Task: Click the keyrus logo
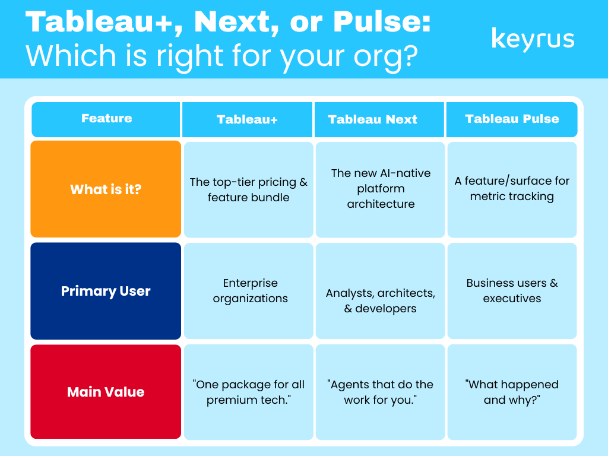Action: pos(533,40)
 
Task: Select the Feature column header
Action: pos(106,119)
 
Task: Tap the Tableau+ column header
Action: pos(247,119)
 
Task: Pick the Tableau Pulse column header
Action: pos(512,119)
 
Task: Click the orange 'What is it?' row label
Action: pos(106,189)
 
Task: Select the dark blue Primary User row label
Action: pos(106,291)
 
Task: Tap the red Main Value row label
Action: pos(106,392)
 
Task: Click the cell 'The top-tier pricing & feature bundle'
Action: pos(249,189)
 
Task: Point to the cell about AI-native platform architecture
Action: pos(381,189)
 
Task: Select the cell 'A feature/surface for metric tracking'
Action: pos(512,189)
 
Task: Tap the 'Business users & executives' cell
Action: pos(512,291)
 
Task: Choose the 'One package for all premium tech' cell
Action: pos(249,392)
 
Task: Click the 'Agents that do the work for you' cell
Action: pos(381,392)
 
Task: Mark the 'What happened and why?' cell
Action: pos(512,392)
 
